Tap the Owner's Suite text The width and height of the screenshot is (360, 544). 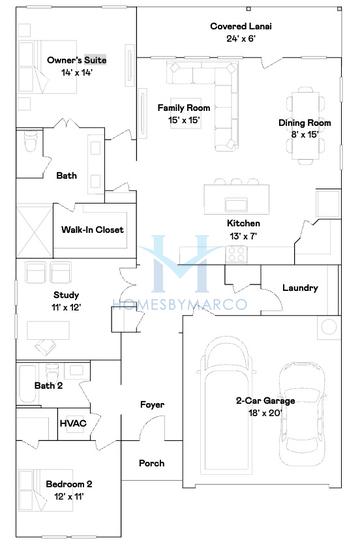pyautogui.click(x=77, y=61)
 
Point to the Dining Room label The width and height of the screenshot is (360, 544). pyautogui.click(x=299, y=123)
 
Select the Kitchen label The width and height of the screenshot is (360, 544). pyautogui.click(x=243, y=223)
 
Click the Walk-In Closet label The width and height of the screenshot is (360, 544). pyautogui.click(x=92, y=229)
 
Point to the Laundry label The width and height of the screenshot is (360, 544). pyautogui.click(x=299, y=288)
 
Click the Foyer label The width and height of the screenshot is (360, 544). pyautogui.click(x=152, y=405)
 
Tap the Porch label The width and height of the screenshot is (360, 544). pyautogui.click(x=152, y=463)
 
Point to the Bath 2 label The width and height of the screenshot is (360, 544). pyautogui.click(x=48, y=385)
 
